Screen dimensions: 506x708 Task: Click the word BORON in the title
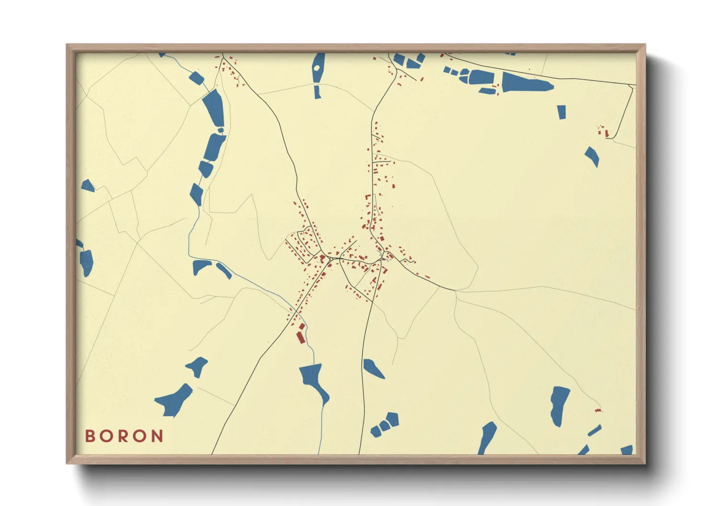124,436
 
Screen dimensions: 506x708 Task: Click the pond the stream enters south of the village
314,380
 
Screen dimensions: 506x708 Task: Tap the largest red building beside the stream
300,337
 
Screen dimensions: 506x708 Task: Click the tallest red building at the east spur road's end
607,132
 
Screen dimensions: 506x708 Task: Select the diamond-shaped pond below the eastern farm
592,156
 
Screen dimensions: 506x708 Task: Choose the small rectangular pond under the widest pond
562,112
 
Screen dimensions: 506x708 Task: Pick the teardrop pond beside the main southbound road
373,368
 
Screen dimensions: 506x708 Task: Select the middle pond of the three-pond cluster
384,425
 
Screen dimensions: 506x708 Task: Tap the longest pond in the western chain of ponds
213,108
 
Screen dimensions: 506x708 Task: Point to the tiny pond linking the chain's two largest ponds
221,130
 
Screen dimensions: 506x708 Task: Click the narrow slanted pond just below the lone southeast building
595,430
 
